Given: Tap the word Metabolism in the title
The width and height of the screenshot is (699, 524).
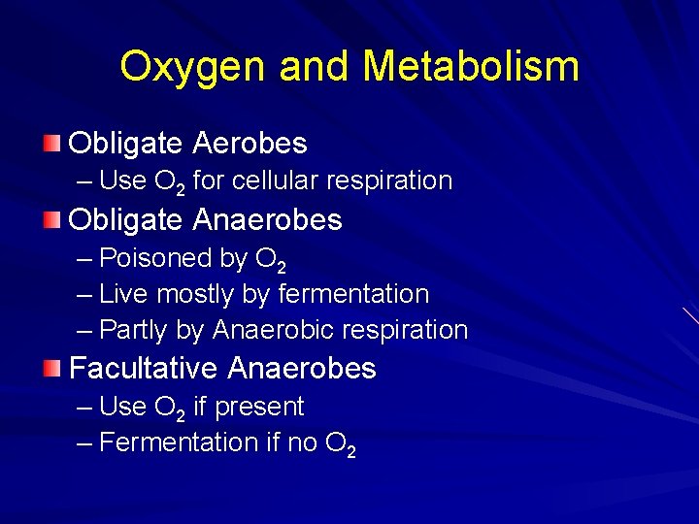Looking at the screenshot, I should [x=471, y=67].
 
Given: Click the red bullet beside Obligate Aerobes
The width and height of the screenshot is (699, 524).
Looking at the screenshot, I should [x=51, y=145].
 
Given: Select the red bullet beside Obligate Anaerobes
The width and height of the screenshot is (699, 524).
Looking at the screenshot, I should [x=51, y=221].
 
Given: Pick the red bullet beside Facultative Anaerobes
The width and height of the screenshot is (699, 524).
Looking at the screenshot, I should [x=51, y=369].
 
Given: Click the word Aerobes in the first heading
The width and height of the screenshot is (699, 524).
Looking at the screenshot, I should [x=250, y=144].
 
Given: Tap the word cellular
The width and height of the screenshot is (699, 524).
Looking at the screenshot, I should [x=276, y=180].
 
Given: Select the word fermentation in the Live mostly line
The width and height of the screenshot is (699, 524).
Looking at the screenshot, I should [x=353, y=293].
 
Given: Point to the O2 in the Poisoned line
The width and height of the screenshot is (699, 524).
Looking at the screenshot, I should [x=271, y=259].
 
